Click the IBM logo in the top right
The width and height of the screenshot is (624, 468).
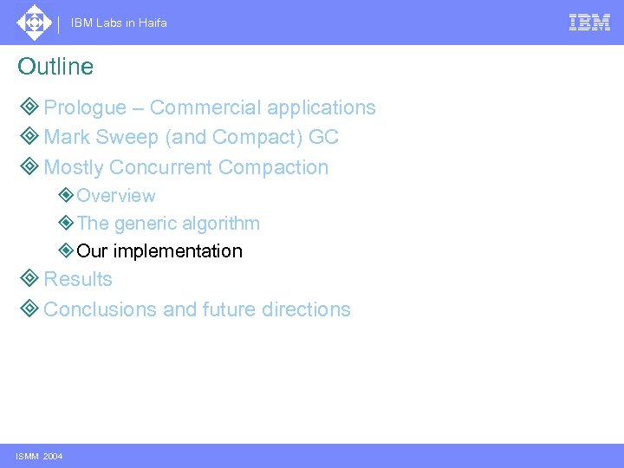(589, 23)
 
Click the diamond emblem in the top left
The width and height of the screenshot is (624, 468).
(34, 23)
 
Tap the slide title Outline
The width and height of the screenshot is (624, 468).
(55, 67)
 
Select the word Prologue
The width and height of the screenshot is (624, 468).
(85, 108)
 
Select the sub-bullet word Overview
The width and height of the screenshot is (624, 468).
(116, 196)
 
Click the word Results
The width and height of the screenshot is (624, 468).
(78, 279)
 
